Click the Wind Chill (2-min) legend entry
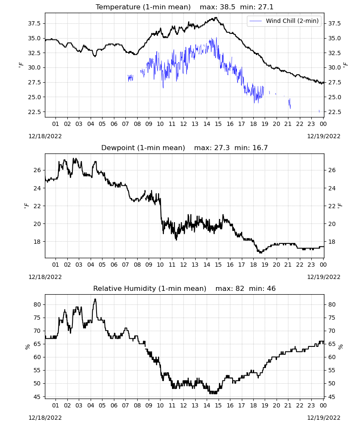point(284,21)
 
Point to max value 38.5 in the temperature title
point(228,7)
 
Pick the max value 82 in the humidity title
point(240,288)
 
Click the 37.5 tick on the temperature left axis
point(34,23)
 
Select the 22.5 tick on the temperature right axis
point(334,112)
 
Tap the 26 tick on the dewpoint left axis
point(37,170)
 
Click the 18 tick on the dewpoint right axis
point(332,242)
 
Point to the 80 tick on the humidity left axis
point(37,304)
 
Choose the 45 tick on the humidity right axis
point(332,397)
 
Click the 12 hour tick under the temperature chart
point(184,124)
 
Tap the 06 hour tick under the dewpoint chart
point(114,265)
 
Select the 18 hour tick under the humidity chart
point(253,405)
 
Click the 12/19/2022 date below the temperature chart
point(324,136)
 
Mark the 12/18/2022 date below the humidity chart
point(45,418)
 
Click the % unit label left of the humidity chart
point(27,347)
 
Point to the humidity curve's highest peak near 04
point(95,299)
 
